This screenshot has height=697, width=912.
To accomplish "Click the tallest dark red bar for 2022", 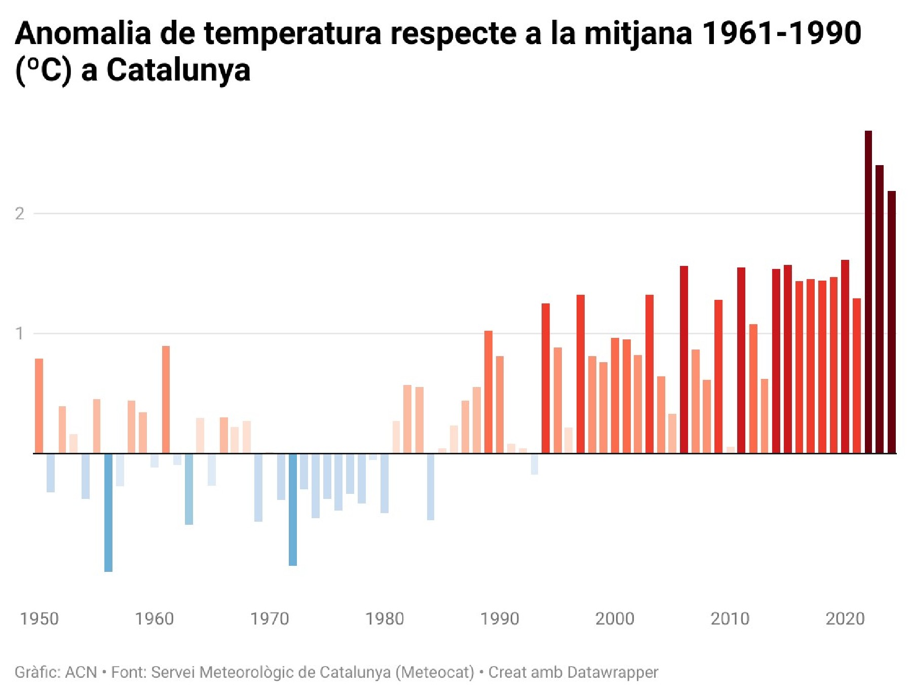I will point(868,292).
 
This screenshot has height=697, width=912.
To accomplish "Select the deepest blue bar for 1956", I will point(108,512).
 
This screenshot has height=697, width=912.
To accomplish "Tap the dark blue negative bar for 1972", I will point(293,509).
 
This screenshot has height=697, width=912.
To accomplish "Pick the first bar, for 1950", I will point(39,406).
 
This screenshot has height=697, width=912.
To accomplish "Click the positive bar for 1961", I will point(166,400).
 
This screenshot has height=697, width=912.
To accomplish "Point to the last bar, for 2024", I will point(891,322).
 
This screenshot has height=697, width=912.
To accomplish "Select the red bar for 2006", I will point(684,360).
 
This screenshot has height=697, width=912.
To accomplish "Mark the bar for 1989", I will point(488,392).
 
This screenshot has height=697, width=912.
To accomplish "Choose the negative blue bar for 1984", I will point(431,486).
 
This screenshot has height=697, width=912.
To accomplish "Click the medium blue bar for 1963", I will point(189,489).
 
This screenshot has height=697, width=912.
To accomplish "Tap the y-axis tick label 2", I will point(20,214).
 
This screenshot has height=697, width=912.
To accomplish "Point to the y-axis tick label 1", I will point(20,334).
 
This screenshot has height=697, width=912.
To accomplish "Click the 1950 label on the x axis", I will point(39,618).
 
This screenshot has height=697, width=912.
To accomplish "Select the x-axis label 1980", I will point(385,618).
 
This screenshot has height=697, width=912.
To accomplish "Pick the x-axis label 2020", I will point(845,618).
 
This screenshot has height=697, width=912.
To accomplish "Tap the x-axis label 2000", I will point(615,618).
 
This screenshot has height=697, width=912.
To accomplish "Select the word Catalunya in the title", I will point(178,70).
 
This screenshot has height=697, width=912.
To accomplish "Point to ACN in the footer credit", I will point(81,672).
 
